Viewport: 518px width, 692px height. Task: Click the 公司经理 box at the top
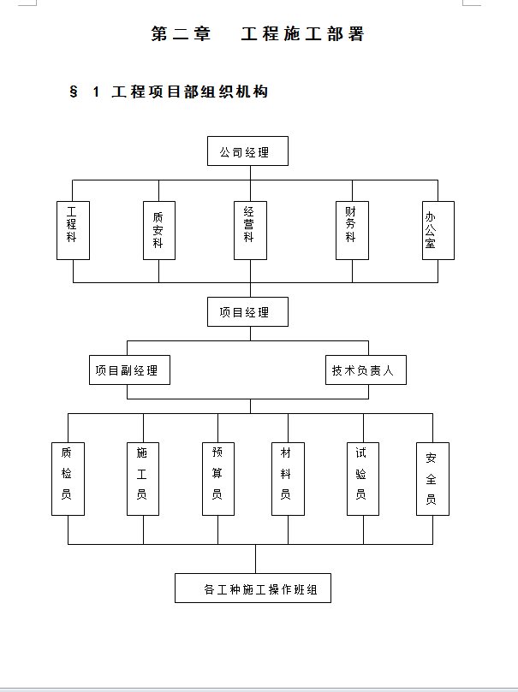pos(247,151)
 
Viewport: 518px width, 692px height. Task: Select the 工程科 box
pos(73,230)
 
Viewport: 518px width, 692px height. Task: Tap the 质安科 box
pos(158,230)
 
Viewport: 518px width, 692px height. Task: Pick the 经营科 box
pos(250,230)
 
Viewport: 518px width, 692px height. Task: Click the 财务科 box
pos(352,230)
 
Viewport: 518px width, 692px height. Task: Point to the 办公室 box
pos(438,230)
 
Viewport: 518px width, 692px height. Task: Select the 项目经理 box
pos(247,311)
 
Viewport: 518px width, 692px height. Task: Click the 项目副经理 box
pos(129,370)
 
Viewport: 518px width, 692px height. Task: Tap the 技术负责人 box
pos(366,370)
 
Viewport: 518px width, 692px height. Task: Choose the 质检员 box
pos(68,478)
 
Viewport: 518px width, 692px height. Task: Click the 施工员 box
pos(143,478)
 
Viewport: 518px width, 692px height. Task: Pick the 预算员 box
pos(218,478)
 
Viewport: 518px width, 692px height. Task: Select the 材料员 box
pos(288,478)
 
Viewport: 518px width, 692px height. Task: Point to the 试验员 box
pos(363,478)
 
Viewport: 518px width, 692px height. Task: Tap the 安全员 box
pos(432,478)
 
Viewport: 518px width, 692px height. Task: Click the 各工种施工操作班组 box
pos(253,588)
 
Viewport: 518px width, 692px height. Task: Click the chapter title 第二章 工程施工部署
pos(258,34)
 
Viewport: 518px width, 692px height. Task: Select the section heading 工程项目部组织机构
pos(189,92)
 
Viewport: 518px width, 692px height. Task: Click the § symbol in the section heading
pos(74,92)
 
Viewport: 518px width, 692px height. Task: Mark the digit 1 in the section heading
pos(97,92)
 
